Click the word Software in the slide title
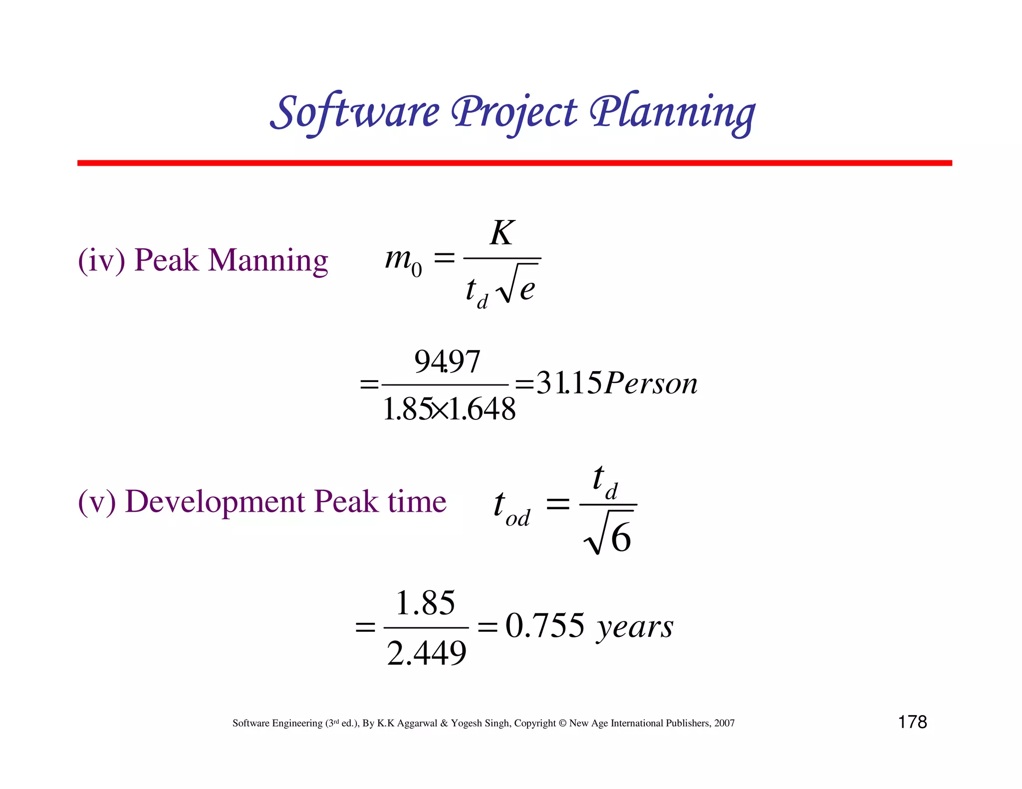pos(355,112)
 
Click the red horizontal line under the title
pos(514,163)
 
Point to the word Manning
pos(268,260)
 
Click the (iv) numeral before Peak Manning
pos(101,260)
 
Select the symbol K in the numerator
pos(502,233)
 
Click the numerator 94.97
pos(447,362)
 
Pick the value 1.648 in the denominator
pos(483,409)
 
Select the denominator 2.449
pos(427,653)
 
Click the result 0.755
pos(544,626)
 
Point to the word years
pos(635,627)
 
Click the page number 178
pos(912,722)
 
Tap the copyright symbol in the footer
pos(562,723)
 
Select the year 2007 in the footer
pos(724,723)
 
